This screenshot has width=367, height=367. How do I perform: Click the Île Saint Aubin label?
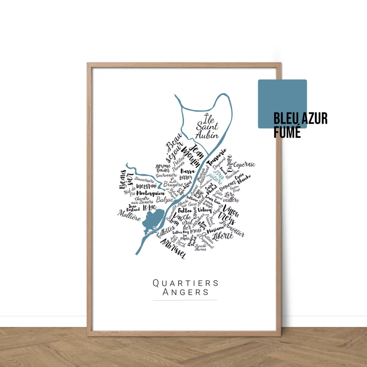[207, 126]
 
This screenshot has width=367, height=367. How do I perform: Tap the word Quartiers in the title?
[185, 283]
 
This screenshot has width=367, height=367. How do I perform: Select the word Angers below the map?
[185, 292]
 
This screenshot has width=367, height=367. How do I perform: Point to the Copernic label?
[244, 165]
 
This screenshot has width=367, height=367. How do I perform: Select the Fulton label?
[185, 210]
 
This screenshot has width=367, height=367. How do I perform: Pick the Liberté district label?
[223, 236]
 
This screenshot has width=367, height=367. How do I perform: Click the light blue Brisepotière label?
[215, 176]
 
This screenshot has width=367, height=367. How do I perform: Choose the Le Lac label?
[149, 208]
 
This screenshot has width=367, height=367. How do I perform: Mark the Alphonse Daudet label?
[163, 168]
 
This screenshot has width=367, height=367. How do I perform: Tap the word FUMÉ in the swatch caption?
[287, 132]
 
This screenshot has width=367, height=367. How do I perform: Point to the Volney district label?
[205, 210]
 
